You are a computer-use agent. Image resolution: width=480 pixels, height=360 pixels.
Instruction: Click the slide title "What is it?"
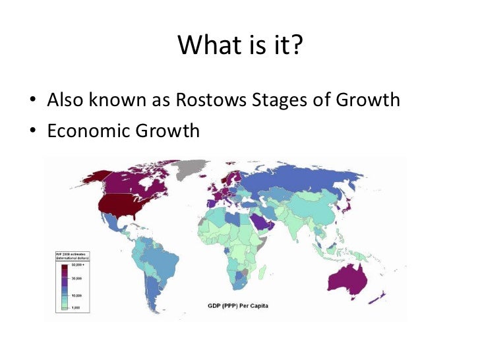[239, 45]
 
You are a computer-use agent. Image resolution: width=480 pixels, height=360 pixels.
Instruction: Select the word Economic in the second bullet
[84, 131]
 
